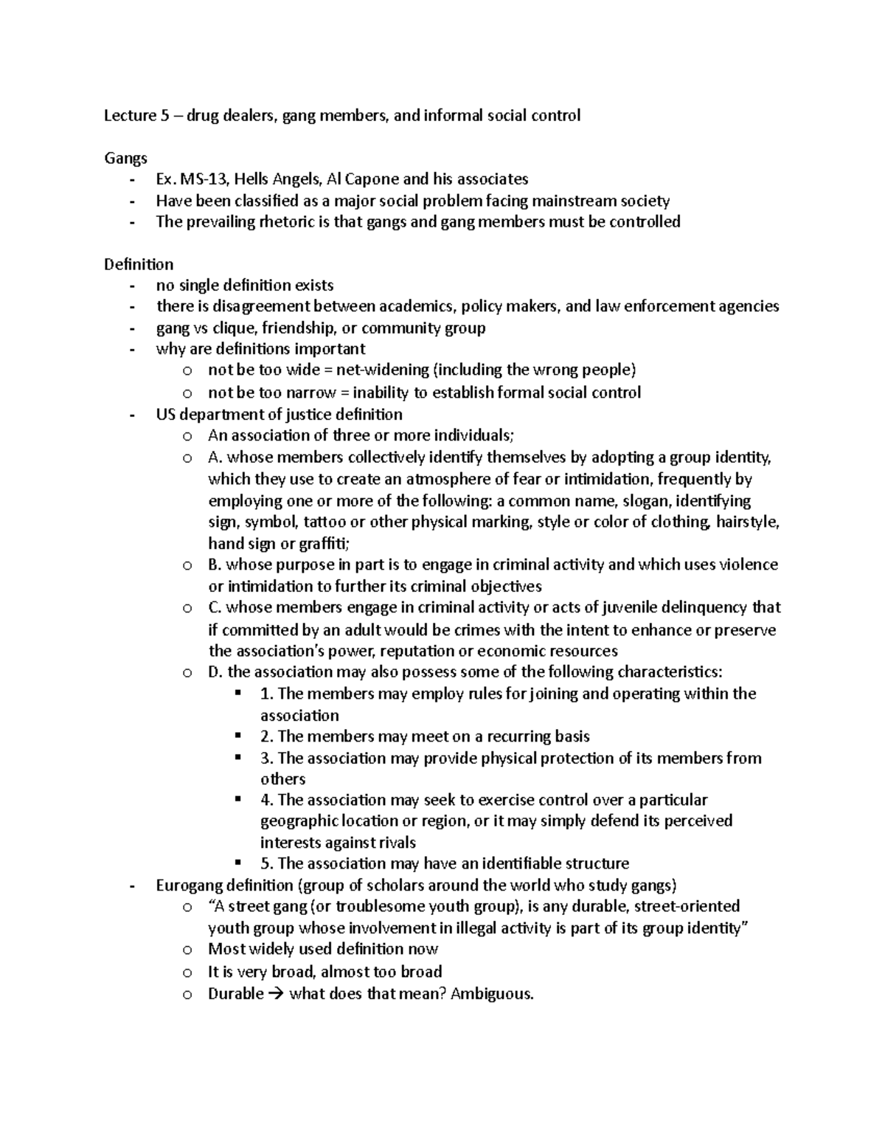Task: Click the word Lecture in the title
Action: [129, 115]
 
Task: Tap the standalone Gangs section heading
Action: [125, 158]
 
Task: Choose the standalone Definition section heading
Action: [139, 264]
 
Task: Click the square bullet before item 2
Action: [237, 736]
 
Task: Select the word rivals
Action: [393, 843]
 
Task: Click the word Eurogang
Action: [188, 886]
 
